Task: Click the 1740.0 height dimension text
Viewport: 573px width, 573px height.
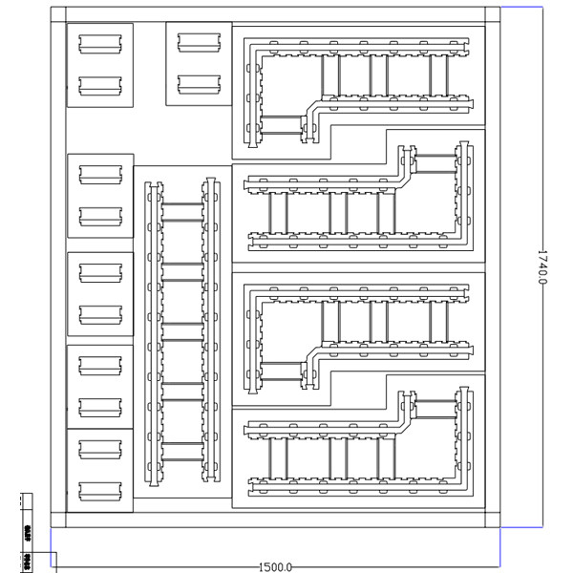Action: (541, 268)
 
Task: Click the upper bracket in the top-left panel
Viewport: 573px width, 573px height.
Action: (100, 43)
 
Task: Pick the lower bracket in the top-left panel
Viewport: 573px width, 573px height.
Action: (100, 85)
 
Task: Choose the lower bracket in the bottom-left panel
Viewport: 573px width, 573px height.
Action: (100, 490)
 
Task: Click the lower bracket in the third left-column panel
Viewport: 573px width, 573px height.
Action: (100, 313)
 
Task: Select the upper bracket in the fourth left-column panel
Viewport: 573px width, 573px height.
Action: (100, 365)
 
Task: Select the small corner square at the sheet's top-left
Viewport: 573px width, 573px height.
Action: (58, 15)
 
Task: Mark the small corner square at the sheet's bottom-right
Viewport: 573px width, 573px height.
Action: (493, 520)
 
